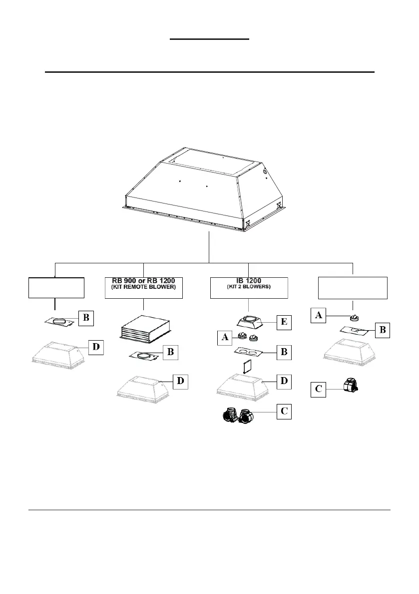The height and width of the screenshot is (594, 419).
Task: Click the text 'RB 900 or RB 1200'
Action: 143,280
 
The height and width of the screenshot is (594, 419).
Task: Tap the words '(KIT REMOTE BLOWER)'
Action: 143,288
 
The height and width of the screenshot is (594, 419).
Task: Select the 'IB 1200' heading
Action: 248,280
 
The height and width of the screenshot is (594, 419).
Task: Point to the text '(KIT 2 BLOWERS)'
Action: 248,287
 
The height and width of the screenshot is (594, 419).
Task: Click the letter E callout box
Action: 283,322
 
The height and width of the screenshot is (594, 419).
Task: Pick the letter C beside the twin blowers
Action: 283,412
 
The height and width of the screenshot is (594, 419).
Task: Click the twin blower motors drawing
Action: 240,415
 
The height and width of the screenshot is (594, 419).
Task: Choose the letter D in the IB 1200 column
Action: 283,382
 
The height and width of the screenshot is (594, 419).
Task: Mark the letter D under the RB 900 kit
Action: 180,382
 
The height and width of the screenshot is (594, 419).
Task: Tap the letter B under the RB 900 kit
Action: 170,352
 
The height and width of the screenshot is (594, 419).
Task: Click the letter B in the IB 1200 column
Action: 283,352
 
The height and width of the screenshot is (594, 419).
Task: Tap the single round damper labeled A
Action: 355,317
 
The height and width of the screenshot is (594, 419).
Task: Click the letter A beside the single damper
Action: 318,315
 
